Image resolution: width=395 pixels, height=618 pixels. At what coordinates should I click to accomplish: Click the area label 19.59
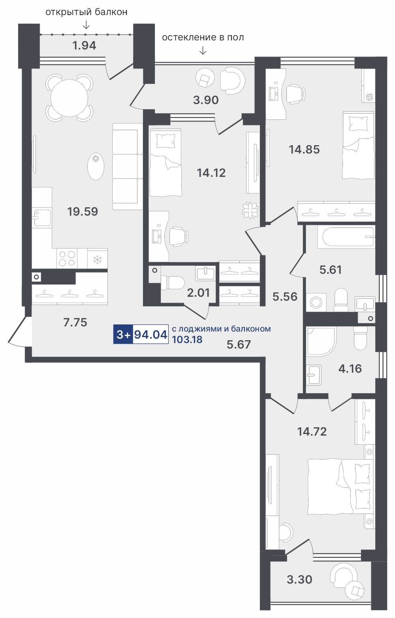coord(83,212)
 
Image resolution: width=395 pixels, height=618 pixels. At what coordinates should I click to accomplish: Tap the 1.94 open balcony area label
coord(84,45)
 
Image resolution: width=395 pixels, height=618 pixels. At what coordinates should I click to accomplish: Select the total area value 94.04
coord(150,334)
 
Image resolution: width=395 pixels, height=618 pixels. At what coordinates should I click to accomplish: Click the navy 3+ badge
coord(123,334)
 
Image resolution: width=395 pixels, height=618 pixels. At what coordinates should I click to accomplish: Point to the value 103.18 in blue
coord(187,339)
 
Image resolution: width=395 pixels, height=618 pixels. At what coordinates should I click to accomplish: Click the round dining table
coord(69,98)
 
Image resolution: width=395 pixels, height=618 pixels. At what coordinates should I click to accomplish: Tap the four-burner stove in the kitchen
coord(67,258)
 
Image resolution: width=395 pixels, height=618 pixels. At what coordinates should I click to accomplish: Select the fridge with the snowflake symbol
coord(98,258)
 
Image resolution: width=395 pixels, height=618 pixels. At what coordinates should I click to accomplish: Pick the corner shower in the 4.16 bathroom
coord(321,341)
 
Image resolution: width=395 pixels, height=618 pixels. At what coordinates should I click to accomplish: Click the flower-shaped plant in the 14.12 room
coord(250,210)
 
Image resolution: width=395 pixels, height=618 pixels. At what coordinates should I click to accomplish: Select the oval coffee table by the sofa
coord(96,166)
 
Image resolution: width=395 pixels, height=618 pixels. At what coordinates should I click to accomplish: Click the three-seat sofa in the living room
coord(127,166)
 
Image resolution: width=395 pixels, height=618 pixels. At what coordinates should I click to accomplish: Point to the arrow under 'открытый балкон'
coord(86,25)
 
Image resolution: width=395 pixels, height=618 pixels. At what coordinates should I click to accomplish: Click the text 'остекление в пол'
coord(203,37)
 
